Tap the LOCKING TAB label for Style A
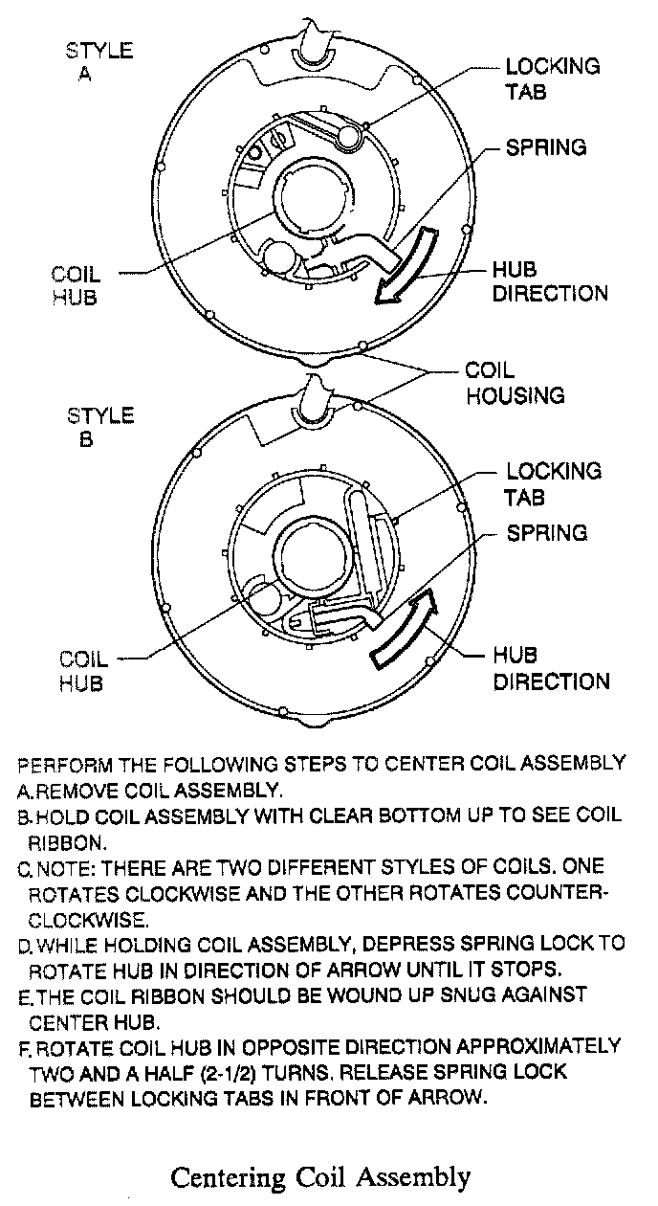click(553, 78)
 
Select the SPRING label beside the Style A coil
click(546, 148)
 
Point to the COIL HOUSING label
click(514, 382)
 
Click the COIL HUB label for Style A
click(75, 286)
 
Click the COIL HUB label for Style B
click(83, 671)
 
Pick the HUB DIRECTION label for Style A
click(550, 280)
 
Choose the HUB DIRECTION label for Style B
click(551, 668)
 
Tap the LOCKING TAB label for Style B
click(553, 483)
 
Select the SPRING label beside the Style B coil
click(546, 532)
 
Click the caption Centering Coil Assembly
click(320, 1175)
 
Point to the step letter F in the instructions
click(24, 1047)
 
